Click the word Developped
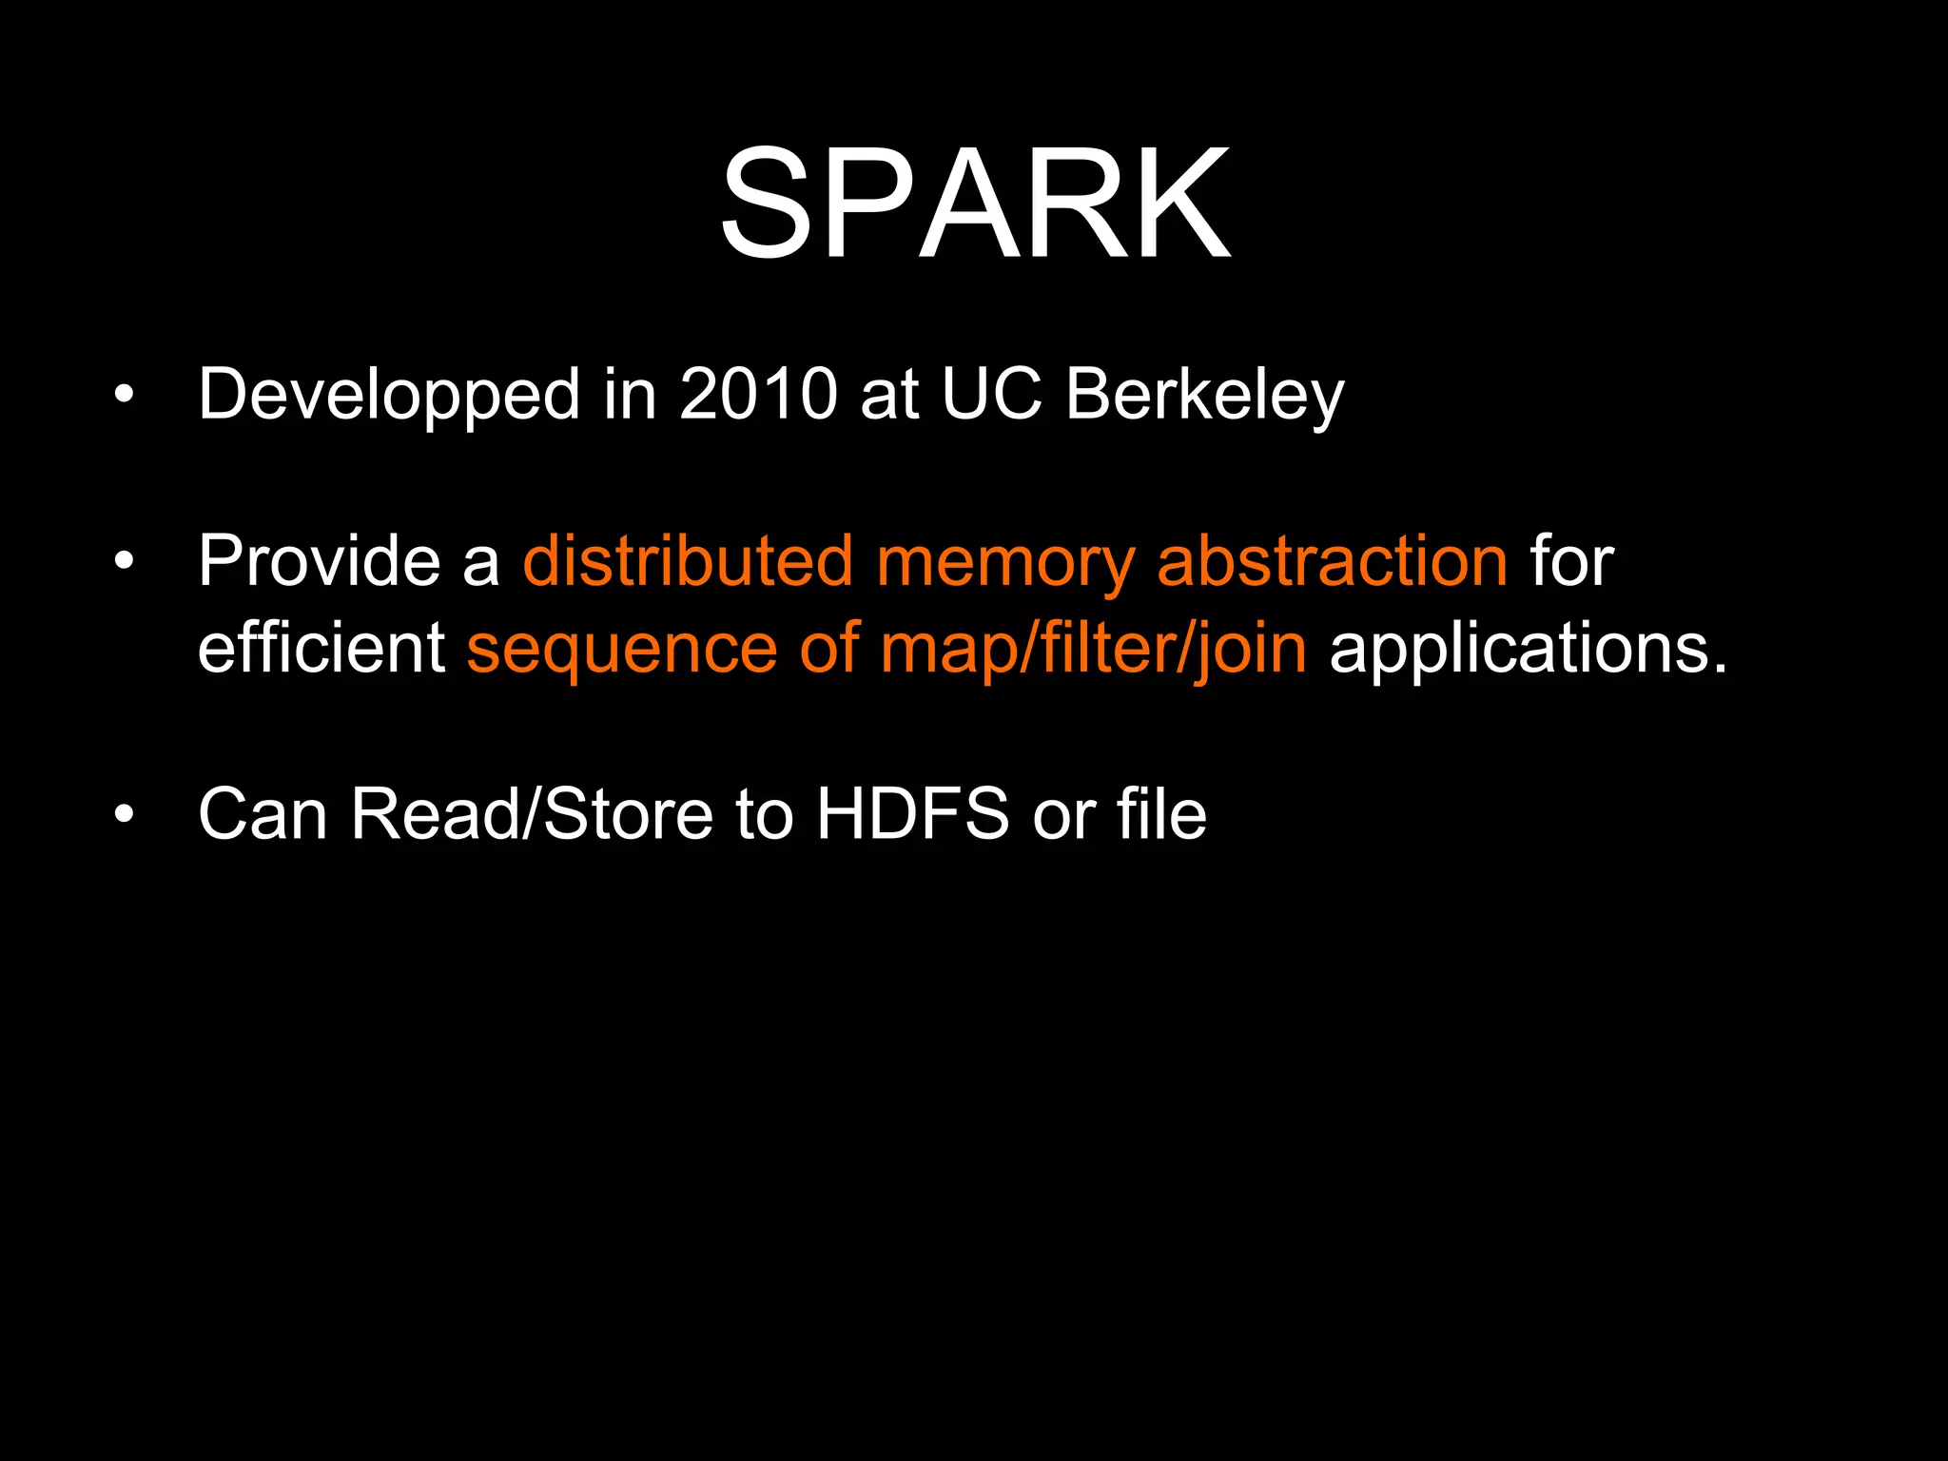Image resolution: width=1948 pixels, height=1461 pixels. coord(388,395)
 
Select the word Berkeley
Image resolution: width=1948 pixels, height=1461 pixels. coord(1204,395)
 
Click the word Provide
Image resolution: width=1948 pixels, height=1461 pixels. coord(319,561)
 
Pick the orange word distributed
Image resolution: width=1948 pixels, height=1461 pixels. coord(688,561)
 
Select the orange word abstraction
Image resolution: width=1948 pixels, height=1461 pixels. coord(1332,561)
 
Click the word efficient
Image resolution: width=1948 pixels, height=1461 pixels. coord(321,648)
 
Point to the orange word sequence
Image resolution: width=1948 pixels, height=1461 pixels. coord(622,650)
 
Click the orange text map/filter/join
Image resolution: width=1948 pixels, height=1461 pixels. coord(1093,650)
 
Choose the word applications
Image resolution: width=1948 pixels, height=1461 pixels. coord(1527,650)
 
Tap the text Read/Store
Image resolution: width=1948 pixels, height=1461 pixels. coord(532,814)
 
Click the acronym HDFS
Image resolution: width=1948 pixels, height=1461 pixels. coord(912,814)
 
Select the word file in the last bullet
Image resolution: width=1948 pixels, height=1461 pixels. coord(1161,814)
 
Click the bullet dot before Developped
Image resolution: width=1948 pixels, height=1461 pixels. coord(124,394)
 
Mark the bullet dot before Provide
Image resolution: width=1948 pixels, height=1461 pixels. coord(124,561)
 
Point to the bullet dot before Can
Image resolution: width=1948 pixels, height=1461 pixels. coord(124,814)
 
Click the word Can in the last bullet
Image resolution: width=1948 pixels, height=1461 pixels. coord(263,814)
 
